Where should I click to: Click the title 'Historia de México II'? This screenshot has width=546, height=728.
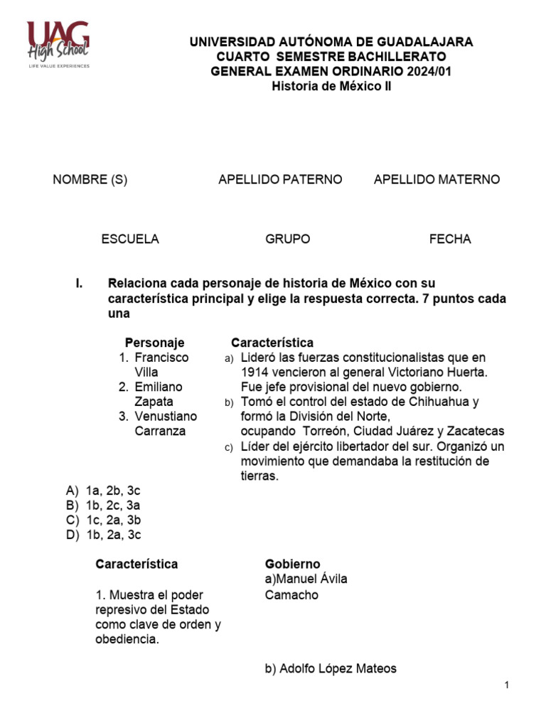tap(331, 87)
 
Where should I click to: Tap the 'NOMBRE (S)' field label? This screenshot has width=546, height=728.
tap(90, 180)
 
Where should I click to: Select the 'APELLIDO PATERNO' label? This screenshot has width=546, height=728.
tap(280, 180)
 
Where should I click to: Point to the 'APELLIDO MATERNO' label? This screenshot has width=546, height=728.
tap(437, 180)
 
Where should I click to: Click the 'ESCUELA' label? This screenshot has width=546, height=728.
tap(130, 240)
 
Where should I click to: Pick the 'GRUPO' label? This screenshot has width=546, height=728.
tap(288, 240)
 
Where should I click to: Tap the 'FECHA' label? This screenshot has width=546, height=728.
tap(450, 240)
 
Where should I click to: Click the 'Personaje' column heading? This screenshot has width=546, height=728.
tap(154, 343)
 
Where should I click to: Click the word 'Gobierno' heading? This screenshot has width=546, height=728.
tap(292, 564)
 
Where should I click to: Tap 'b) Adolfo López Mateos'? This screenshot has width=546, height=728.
tap(331, 668)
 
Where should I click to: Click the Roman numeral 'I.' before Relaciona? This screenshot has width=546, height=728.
tap(80, 284)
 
